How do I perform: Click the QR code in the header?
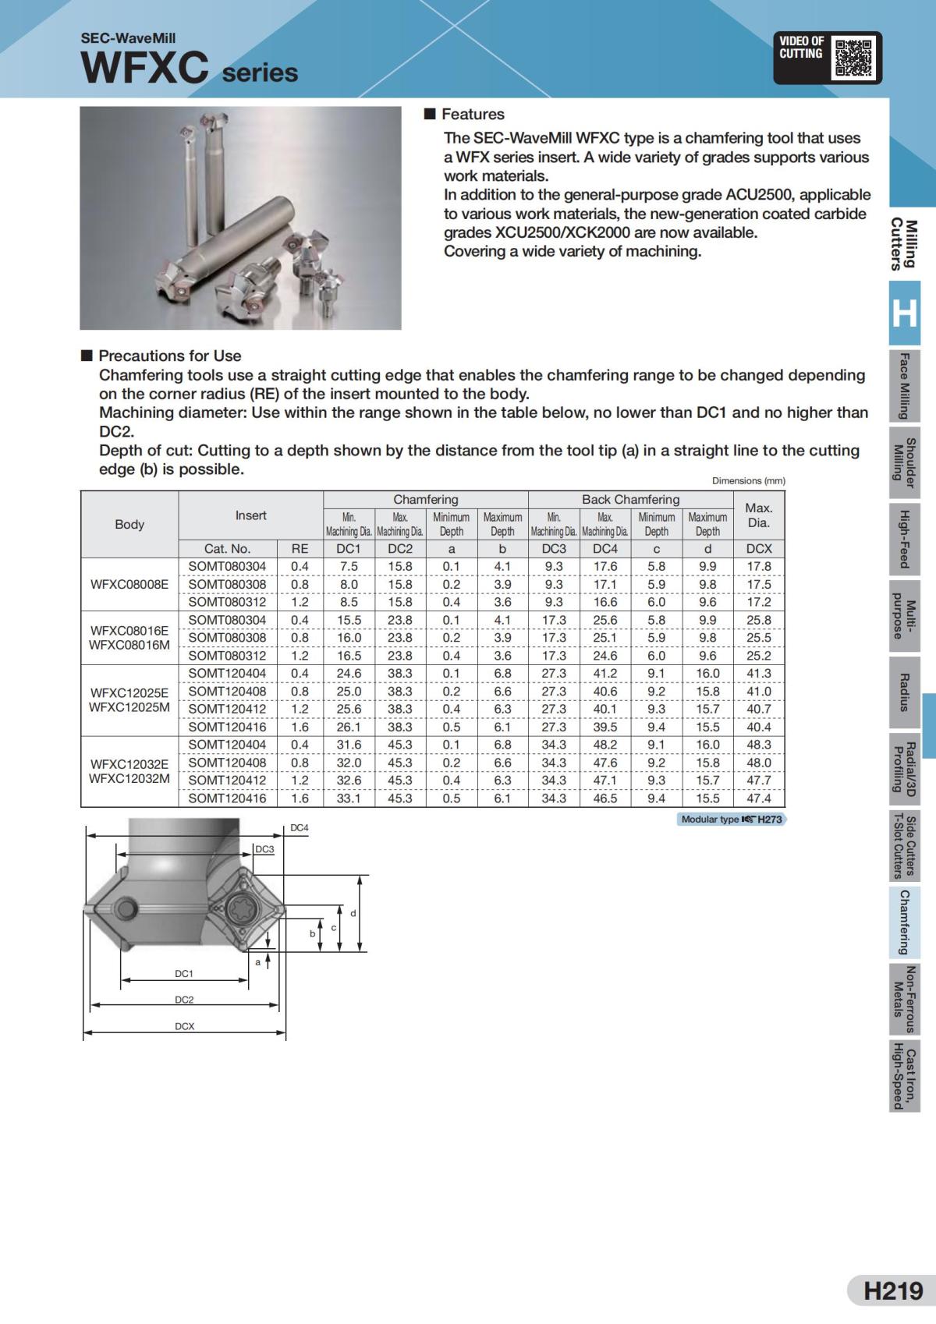[x=853, y=57]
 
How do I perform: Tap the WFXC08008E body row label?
[x=129, y=584]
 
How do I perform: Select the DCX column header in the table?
[x=758, y=548]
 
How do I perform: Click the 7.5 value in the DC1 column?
[x=349, y=566]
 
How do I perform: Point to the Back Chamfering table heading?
[x=630, y=499]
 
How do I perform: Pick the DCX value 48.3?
[x=758, y=745]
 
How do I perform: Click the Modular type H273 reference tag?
[x=731, y=820]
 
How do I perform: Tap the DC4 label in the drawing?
[x=300, y=828]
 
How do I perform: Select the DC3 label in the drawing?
[x=265, y=849]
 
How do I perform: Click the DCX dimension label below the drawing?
[x=184, y=1026]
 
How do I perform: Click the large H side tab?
[x=904, y=313]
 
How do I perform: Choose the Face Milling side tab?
[x=904, y=386]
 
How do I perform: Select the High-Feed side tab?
[x=904, y=539]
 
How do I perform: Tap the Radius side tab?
[x=904, y=692]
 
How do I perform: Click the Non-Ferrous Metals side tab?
[x=904, y=999]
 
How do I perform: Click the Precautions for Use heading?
[x=169, y=356]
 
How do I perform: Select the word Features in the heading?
[x=473, y=114]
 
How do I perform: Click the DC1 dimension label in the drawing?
[x=184, y=974]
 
